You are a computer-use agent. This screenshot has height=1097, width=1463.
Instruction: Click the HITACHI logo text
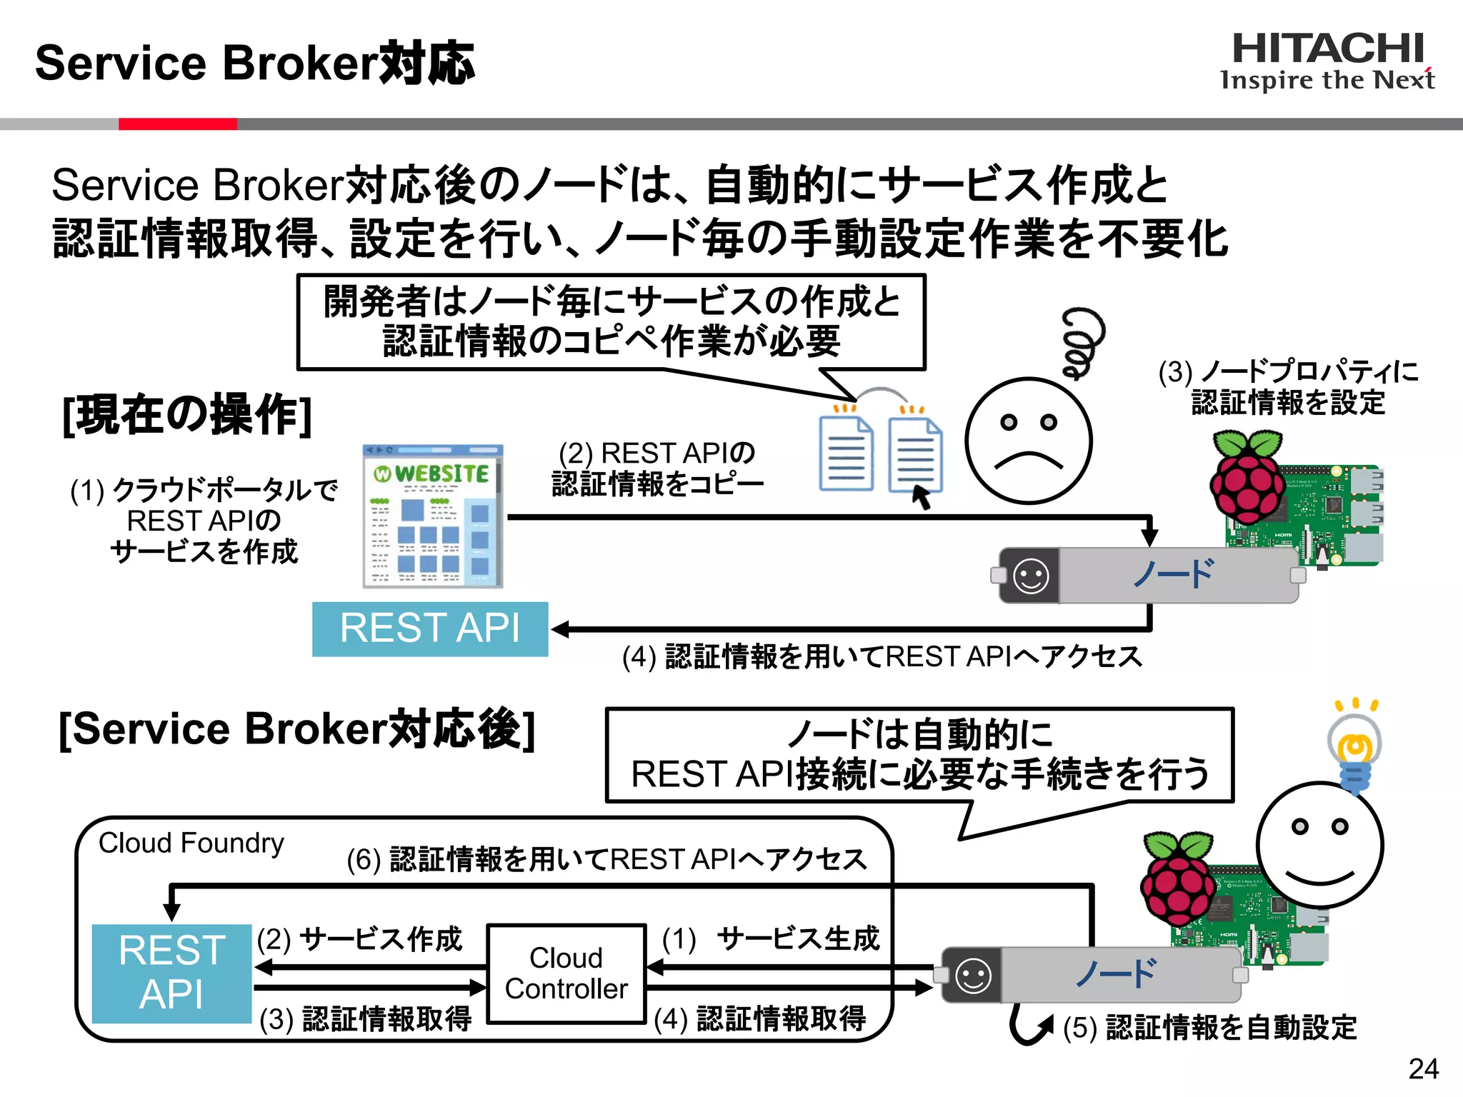(x=1328, y=49)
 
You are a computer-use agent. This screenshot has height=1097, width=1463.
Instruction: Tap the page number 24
(x=1423, y=1068)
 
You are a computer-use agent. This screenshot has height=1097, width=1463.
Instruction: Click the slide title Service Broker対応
(x=254, y=63)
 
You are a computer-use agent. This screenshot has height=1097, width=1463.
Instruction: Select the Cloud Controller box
(x=566, y=973)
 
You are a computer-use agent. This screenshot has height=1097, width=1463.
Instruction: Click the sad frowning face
(x=1028, y=441)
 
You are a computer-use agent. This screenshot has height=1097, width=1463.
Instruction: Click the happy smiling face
(x=1319, y=844)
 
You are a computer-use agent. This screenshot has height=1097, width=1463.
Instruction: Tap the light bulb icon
(x=1354, y=750)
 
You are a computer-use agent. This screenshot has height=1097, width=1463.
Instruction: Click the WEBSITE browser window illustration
(x=433, y=516)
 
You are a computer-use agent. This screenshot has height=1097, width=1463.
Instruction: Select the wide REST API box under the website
(x=430, y=628)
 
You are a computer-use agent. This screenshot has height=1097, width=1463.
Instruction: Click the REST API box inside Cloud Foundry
(x=171, y=973)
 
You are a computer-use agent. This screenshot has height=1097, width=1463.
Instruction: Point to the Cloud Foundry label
(x=191, y=843)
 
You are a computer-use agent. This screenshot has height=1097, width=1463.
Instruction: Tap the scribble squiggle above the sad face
(x=1082, y=342)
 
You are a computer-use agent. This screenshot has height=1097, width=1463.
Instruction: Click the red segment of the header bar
(x=177, y=124)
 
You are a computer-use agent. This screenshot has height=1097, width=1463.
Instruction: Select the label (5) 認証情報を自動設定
(x=1209, y=1028)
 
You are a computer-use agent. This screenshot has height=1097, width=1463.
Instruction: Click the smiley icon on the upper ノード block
(x=1031, y=576)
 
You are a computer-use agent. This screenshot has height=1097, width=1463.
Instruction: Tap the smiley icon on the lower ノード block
(x=973, y=976)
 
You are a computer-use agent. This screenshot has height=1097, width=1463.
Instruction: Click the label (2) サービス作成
(x=360, y=939)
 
